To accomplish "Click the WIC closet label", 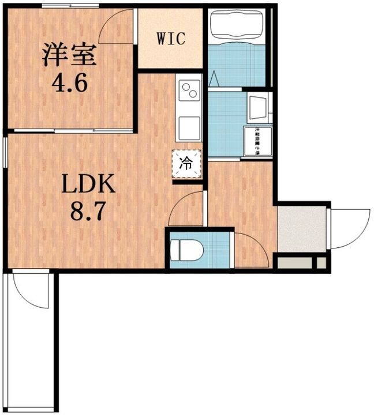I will [171, 39].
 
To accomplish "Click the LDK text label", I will [89, 186].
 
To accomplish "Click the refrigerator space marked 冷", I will [187, 163].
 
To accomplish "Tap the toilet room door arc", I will [250, 248].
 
